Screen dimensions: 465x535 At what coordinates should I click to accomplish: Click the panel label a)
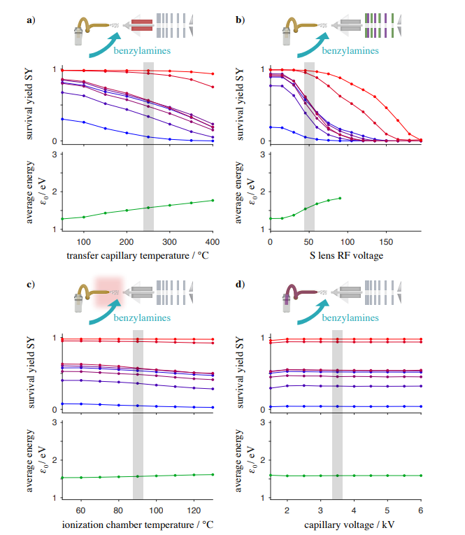[31, 20]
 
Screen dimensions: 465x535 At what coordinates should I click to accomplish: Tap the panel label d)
[240, 284]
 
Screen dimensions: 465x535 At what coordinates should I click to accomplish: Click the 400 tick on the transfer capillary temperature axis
[213, 242]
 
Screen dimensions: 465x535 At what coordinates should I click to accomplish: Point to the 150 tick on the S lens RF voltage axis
[386, 242]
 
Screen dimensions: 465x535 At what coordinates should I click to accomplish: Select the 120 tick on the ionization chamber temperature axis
[194, 511]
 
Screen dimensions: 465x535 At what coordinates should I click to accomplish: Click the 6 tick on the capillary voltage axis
[421, 511]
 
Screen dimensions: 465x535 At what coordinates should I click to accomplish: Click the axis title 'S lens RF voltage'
[346, 255]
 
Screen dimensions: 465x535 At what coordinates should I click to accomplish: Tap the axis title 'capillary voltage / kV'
[350, 525]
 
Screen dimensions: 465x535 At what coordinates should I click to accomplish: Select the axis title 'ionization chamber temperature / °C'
[138, 525]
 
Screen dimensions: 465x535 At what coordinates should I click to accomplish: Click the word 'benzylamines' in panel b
[350, 51]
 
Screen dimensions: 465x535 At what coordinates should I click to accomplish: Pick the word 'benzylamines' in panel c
[142, 318]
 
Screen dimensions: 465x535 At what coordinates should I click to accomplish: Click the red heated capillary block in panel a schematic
[142, 25]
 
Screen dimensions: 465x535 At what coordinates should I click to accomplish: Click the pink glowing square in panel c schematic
[108, 292]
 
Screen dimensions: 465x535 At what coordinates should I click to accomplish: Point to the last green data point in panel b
[340, 198]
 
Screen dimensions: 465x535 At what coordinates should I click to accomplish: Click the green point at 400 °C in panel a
[213, 200]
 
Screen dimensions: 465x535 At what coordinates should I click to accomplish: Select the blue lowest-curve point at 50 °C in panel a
[62, 119]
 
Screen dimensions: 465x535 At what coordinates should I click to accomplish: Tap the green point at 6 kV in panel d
[421, 476]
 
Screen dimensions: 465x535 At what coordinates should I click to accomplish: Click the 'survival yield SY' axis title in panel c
[31, 373]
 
